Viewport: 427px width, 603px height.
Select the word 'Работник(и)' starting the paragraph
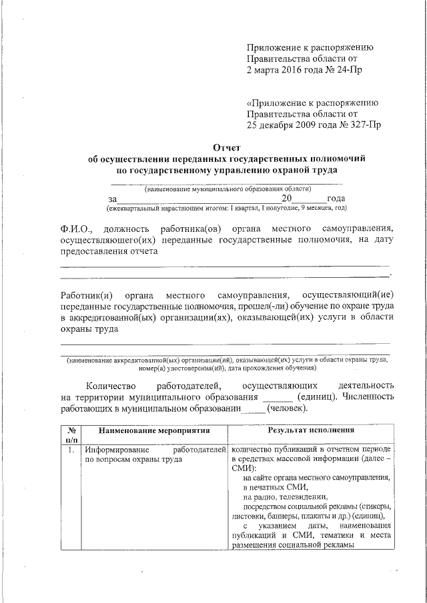(85, 295)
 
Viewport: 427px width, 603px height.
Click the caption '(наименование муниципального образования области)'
(227, 189)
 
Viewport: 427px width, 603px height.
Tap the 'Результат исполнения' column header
(311, 431)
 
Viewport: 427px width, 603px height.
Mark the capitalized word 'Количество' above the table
(110, 385)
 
